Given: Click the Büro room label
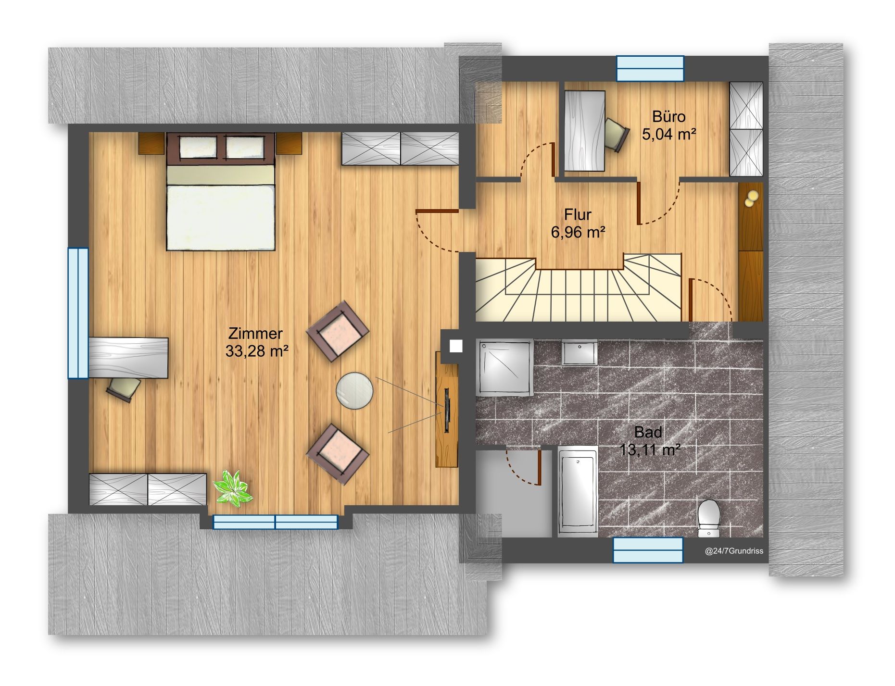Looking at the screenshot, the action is click(668, 117).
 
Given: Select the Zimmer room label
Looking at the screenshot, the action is click(255, 333).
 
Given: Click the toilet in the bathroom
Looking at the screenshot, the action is click(708, 518).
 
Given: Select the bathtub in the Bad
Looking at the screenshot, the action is click(578, 491).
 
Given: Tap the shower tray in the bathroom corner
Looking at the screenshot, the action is click(504, 368).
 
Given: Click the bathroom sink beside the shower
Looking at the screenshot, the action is click(579, 353).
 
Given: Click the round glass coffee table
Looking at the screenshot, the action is click(354, 391).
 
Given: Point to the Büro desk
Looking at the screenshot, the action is click(584, 131).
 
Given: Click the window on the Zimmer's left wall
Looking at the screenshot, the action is click(78, 313).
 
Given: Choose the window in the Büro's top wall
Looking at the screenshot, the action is click(650, 68).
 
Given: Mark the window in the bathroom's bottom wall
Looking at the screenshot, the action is click(648, 550).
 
